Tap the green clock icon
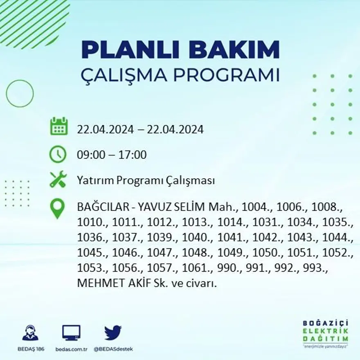[58, 154]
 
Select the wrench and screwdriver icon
[58, 180]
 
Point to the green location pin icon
[57, 208]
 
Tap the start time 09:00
[89, 155]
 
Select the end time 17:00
[133, 155]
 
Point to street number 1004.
[255, 207]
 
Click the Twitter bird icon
[112, 332]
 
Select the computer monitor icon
[71, 333]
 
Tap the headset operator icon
[30, 333]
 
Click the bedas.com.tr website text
[71, 349]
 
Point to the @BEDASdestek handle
[113, 349]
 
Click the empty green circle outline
[20, 94]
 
